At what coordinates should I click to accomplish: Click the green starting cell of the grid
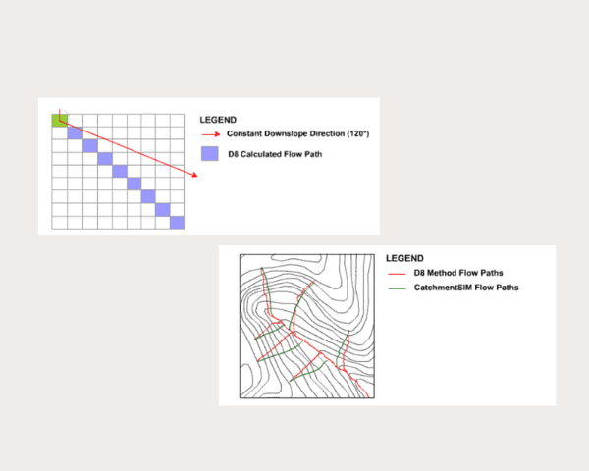(x=59, y=121)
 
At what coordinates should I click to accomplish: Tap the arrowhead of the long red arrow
(x=196, y=176)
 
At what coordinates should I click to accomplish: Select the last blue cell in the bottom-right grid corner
(x=177, y=223)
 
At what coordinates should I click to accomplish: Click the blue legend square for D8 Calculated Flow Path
(x=208, y=153)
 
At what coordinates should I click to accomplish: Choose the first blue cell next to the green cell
(x=75, y=133)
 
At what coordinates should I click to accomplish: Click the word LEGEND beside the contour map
(x=405, y=258)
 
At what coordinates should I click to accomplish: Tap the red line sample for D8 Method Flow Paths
(x=398, y=273)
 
